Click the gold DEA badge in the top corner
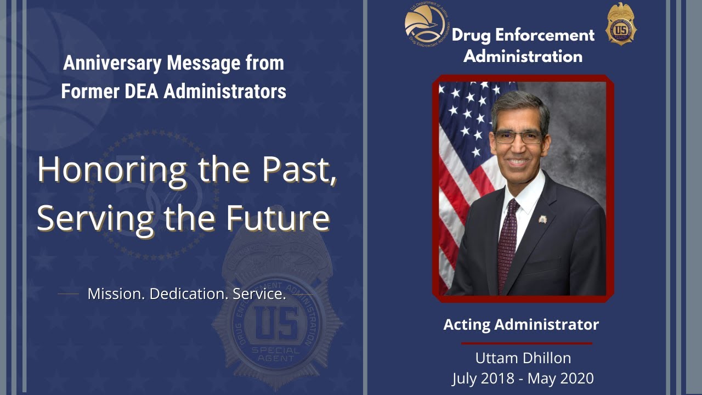621,24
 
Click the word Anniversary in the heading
112,63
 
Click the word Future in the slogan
278,218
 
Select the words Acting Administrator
521,325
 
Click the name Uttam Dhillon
523,358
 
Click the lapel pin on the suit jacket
542,219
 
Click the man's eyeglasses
517,137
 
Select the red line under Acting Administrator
526,343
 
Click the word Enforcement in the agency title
545,35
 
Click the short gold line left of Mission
69,294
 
